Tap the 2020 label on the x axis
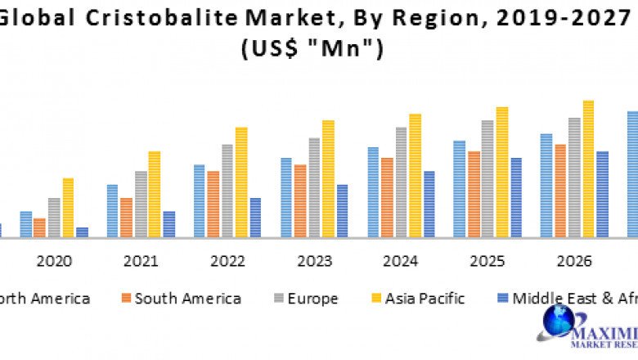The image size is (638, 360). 54,261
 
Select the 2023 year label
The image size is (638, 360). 314,261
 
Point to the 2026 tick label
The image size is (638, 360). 574,261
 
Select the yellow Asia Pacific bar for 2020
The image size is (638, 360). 68,208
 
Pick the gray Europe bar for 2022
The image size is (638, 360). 227,191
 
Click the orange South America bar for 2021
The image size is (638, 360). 126,218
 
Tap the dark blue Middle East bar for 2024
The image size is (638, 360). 429,205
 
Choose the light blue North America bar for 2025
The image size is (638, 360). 459,189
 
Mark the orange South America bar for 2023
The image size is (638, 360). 300,201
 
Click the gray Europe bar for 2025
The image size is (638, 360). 487,179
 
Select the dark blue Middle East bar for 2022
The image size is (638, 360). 255,218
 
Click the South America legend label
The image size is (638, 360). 187,299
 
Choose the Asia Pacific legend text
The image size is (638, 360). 425,299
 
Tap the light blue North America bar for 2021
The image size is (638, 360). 112,211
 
